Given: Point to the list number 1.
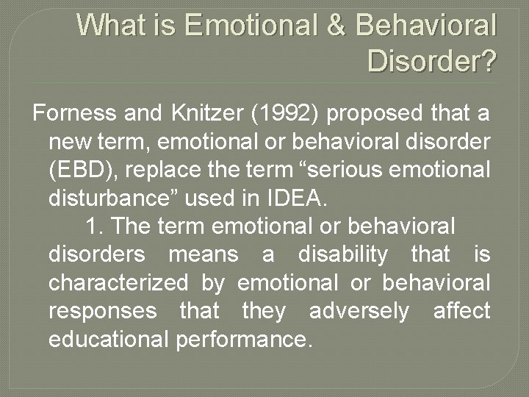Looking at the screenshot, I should pyautogui.click(x=93, y=226).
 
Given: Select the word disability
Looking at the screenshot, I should pyautogui.click(x=342, y=255).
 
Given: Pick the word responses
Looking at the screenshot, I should pyautogui.click(x=102, y=312).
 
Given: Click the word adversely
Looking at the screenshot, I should pyautogui.click(x=359, y=312).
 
